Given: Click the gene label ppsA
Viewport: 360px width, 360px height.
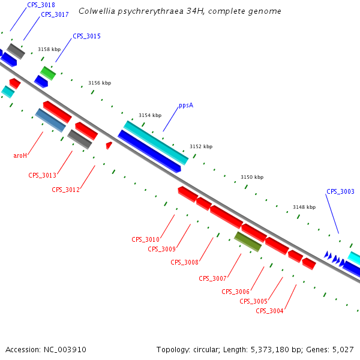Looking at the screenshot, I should pyautogui.click(x=186, y=106).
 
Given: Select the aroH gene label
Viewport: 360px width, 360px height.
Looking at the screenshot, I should pyautogui.click(x=20, y=155).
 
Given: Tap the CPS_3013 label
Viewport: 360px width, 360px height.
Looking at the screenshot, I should pyautogui.click(x=42, y=176).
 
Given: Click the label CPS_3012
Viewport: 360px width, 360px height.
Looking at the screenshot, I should pyautogui.click(x=65, y=190).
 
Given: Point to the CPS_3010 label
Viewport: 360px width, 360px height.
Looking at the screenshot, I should pyautogui.click(x=145, y=239).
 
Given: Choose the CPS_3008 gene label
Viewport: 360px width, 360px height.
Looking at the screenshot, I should pyautogui.click(x=184, y=262).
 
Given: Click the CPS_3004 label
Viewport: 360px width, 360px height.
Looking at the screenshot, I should pyautogui.click(x=269, y=311).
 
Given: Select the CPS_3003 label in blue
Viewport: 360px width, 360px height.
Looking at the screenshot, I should pyautogui.click(x=340, y=192).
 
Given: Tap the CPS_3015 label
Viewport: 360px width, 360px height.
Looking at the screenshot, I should pyautogui.click(x=86, y=37).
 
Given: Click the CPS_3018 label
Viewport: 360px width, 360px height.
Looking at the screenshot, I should pyautogui.click(x=41, y=5).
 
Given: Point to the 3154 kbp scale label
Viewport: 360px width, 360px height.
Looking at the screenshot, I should pyautogui.click(x=150, y=115).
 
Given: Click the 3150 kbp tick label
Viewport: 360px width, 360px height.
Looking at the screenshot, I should pyautogui.click(x=252, y=178).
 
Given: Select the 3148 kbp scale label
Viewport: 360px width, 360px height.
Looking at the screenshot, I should pyautogui.click(x=304, y=207).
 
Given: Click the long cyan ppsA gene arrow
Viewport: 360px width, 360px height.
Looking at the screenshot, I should pyautogui.click(x=156, y=142).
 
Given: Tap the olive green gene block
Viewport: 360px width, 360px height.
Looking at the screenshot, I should pyautogui.click(x=248, y=241).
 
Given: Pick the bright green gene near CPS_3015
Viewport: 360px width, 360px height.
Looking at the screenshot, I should pyautogui.click(x=48, y=73).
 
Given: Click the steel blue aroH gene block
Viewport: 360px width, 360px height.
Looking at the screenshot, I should pyautogui.click(x=50, y=120).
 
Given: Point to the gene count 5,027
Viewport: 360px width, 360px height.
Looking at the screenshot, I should pyautogui.click(x=343, y=349).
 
